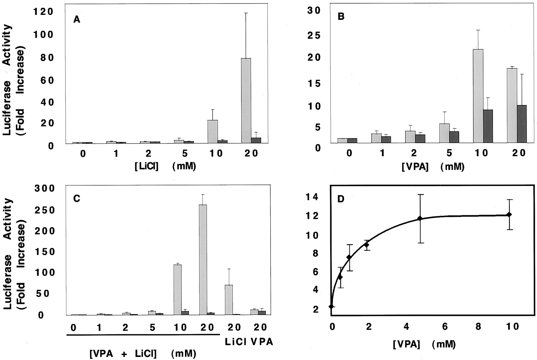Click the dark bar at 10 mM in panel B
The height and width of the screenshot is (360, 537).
[488, 126]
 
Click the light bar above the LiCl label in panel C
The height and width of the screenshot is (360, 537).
[229, 300]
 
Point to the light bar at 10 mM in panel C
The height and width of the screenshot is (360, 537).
[178, 290]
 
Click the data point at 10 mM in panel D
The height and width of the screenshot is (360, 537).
[509, 215]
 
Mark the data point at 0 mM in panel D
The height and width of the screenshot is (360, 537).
[331, 307]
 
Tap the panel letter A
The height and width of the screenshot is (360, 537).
[77, 20]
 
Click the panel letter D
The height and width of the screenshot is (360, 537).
[341, 199]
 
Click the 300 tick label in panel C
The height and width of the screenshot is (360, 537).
[45, 188]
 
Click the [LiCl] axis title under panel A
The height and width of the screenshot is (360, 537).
[146, 166]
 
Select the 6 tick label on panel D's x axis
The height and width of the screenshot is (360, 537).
[445, 327]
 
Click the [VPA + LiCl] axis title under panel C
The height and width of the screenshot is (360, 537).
[123, 354]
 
